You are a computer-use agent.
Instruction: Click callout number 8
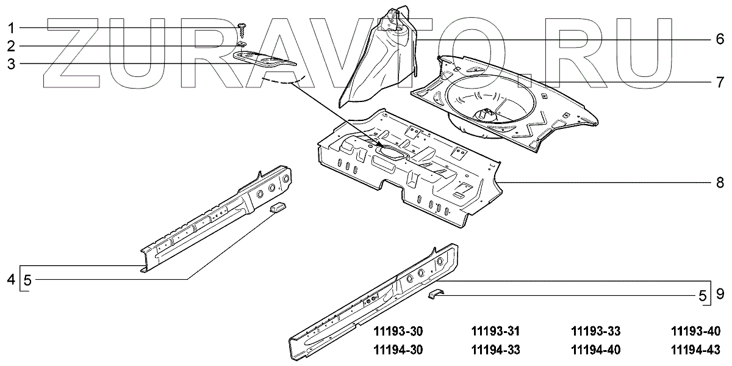(720, 182)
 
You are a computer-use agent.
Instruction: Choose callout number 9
(720, 295)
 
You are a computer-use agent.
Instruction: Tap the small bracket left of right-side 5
(437, 294)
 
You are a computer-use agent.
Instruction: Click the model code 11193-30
(397, 332)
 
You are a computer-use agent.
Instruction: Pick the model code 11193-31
(497, 332)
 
